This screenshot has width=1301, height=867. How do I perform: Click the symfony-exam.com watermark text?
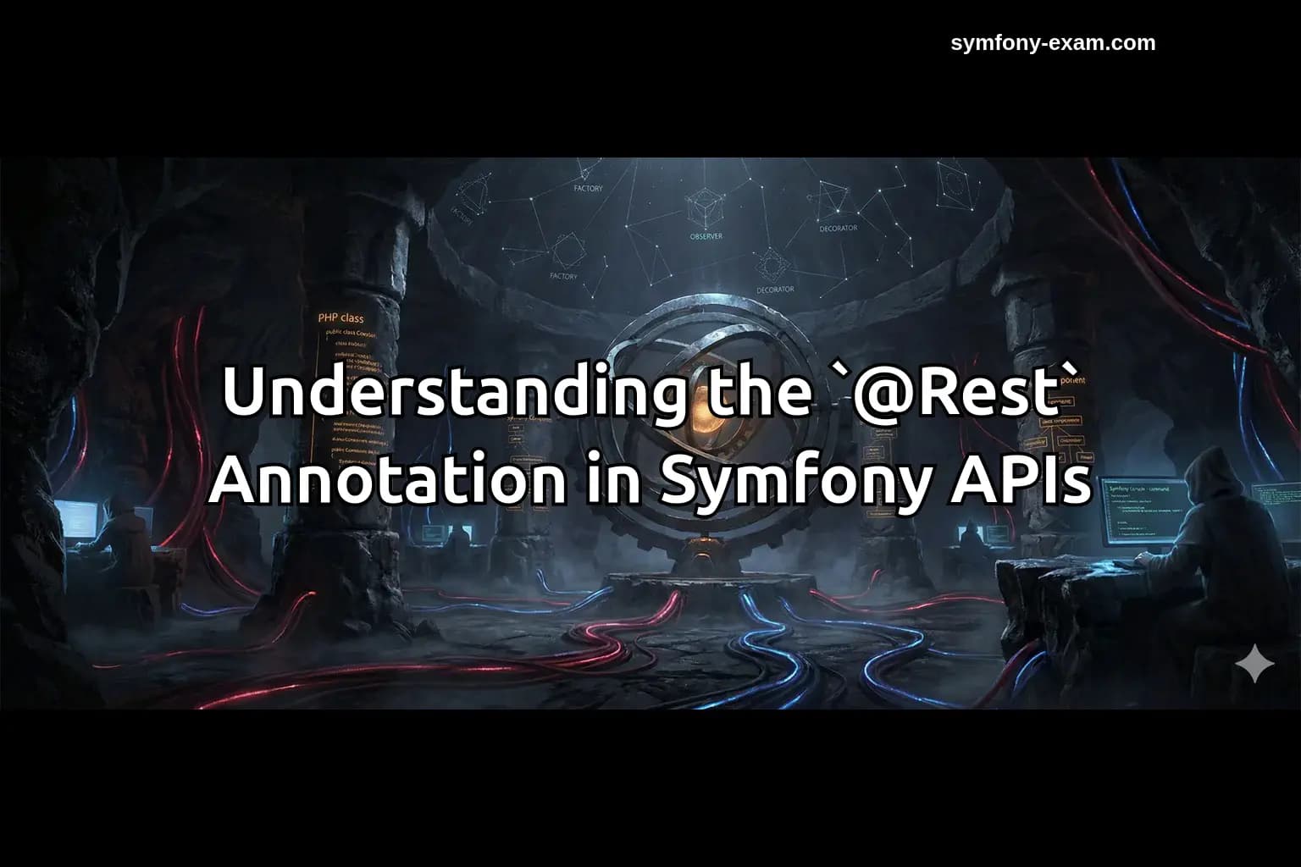click(1053, 43)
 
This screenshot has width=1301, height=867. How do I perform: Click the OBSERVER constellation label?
click(706, 236)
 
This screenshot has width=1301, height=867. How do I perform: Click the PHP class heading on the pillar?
click(340, 318)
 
